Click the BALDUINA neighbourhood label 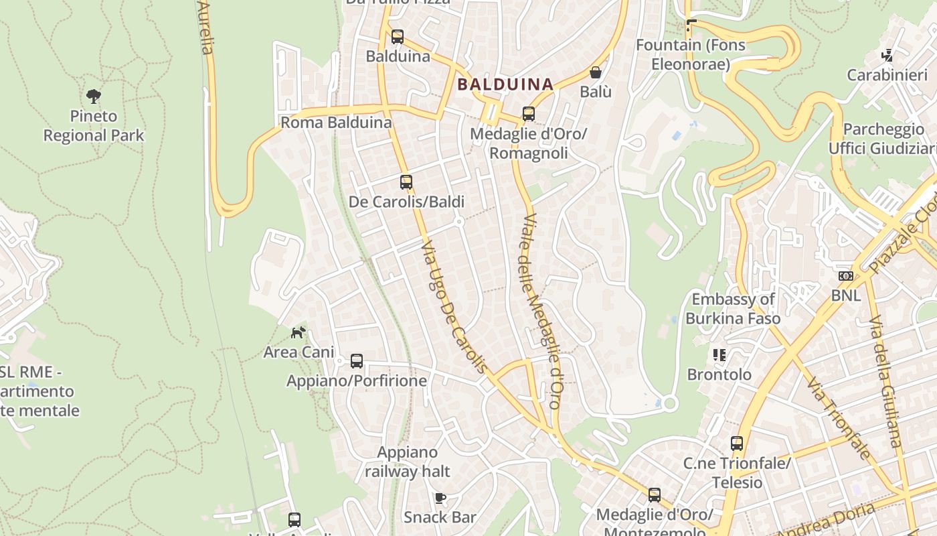(x=505, y=84)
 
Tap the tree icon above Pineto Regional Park (x=94, y=96)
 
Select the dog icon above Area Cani (x=299, y=332)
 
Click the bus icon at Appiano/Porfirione (x=357, y=361)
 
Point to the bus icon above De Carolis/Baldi (x=406, y=182)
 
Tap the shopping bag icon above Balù (x=596, y=72)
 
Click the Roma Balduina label (x=336, y=123)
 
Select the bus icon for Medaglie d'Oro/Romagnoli (x=529, y=114)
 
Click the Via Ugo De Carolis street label (x=454, y=308)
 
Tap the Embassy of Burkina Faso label (x=733, y=309)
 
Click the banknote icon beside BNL (x=846, y=276)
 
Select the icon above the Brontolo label (x=719, y=355)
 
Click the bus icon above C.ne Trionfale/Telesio (x=737, y=444)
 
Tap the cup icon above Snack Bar (x=440, y=498)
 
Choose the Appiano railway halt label (x=408, y=462)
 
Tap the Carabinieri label (x=887, y=75)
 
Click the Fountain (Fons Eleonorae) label (x=690, y=55)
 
